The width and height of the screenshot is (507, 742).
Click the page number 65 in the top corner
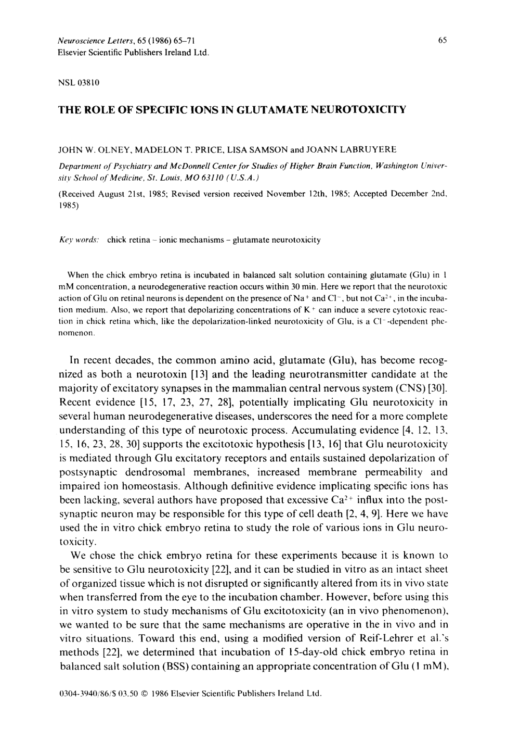coord(443,40)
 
